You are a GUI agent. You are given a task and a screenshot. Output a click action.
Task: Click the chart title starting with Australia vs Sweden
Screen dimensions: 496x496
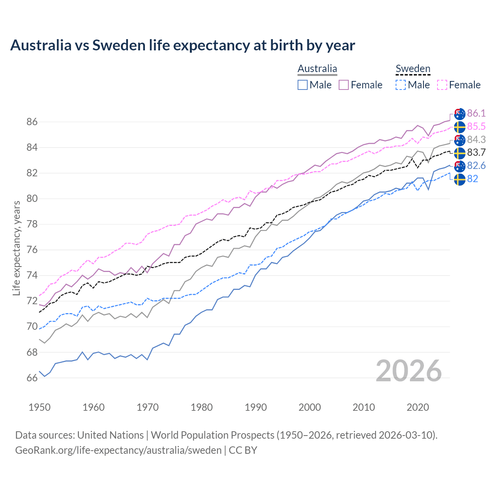tap(183, 45)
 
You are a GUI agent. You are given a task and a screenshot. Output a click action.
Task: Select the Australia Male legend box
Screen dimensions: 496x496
tap(303, 85)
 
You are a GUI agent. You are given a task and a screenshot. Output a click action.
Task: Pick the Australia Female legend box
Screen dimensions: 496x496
tap(344, 85)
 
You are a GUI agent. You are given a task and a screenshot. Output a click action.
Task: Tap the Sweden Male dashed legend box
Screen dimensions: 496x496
tap(401, 85)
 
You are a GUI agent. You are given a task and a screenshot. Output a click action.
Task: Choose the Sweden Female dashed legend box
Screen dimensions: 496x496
tap(442, 85)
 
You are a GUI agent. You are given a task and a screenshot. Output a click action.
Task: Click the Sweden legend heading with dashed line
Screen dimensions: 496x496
tap(413, 69)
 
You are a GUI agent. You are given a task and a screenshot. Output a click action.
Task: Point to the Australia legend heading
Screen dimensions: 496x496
tap(317, 69)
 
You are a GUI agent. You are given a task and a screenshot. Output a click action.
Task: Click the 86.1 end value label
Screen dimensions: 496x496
tap(476, 113)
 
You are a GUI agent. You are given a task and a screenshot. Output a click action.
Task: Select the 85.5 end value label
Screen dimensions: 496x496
tap(476, 126)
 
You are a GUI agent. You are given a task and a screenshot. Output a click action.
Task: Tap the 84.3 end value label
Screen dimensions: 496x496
tap(476, 139)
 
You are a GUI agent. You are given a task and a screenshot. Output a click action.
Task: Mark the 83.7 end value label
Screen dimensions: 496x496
tap(476, 152)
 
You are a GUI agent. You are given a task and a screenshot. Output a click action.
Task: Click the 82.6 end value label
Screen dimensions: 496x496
tap(476, 165)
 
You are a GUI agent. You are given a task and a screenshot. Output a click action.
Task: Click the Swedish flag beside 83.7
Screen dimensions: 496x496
tap(460, 153)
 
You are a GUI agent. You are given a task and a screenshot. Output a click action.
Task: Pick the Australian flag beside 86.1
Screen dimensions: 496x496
tap(460, 114)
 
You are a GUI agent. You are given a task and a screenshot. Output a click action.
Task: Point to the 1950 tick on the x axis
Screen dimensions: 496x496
tap(40, 407)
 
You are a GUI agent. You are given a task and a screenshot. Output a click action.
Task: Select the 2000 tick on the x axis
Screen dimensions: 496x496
tap(310, 407)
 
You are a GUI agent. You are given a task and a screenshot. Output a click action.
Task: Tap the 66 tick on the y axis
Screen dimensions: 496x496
tap(32, 378)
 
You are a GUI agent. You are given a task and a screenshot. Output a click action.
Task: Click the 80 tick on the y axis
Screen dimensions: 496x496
tap(32, 199)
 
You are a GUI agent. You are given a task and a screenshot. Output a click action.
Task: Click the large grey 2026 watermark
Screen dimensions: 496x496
tap(408, 371)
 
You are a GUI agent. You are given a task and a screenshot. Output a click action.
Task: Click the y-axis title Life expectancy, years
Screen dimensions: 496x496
tap(17, 248)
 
